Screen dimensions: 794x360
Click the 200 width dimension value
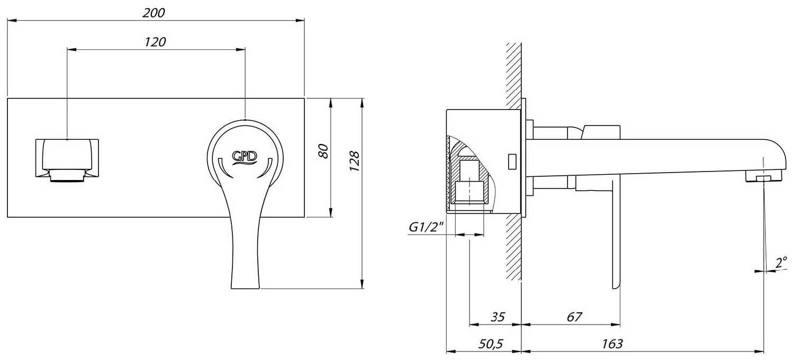click(154, 13)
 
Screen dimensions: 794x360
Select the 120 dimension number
click(155, 42)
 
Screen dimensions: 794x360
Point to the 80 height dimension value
click(323, 151)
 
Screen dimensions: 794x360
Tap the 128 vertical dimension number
click(355, 161)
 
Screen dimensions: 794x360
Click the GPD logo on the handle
click(245, 157)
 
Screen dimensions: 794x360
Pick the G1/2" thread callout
click(427, 227)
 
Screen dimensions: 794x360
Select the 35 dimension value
click(498, 317)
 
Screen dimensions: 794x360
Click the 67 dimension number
click(574, 317)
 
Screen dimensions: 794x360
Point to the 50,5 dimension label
click(491, 344)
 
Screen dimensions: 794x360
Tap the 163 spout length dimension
click(612, 344)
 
